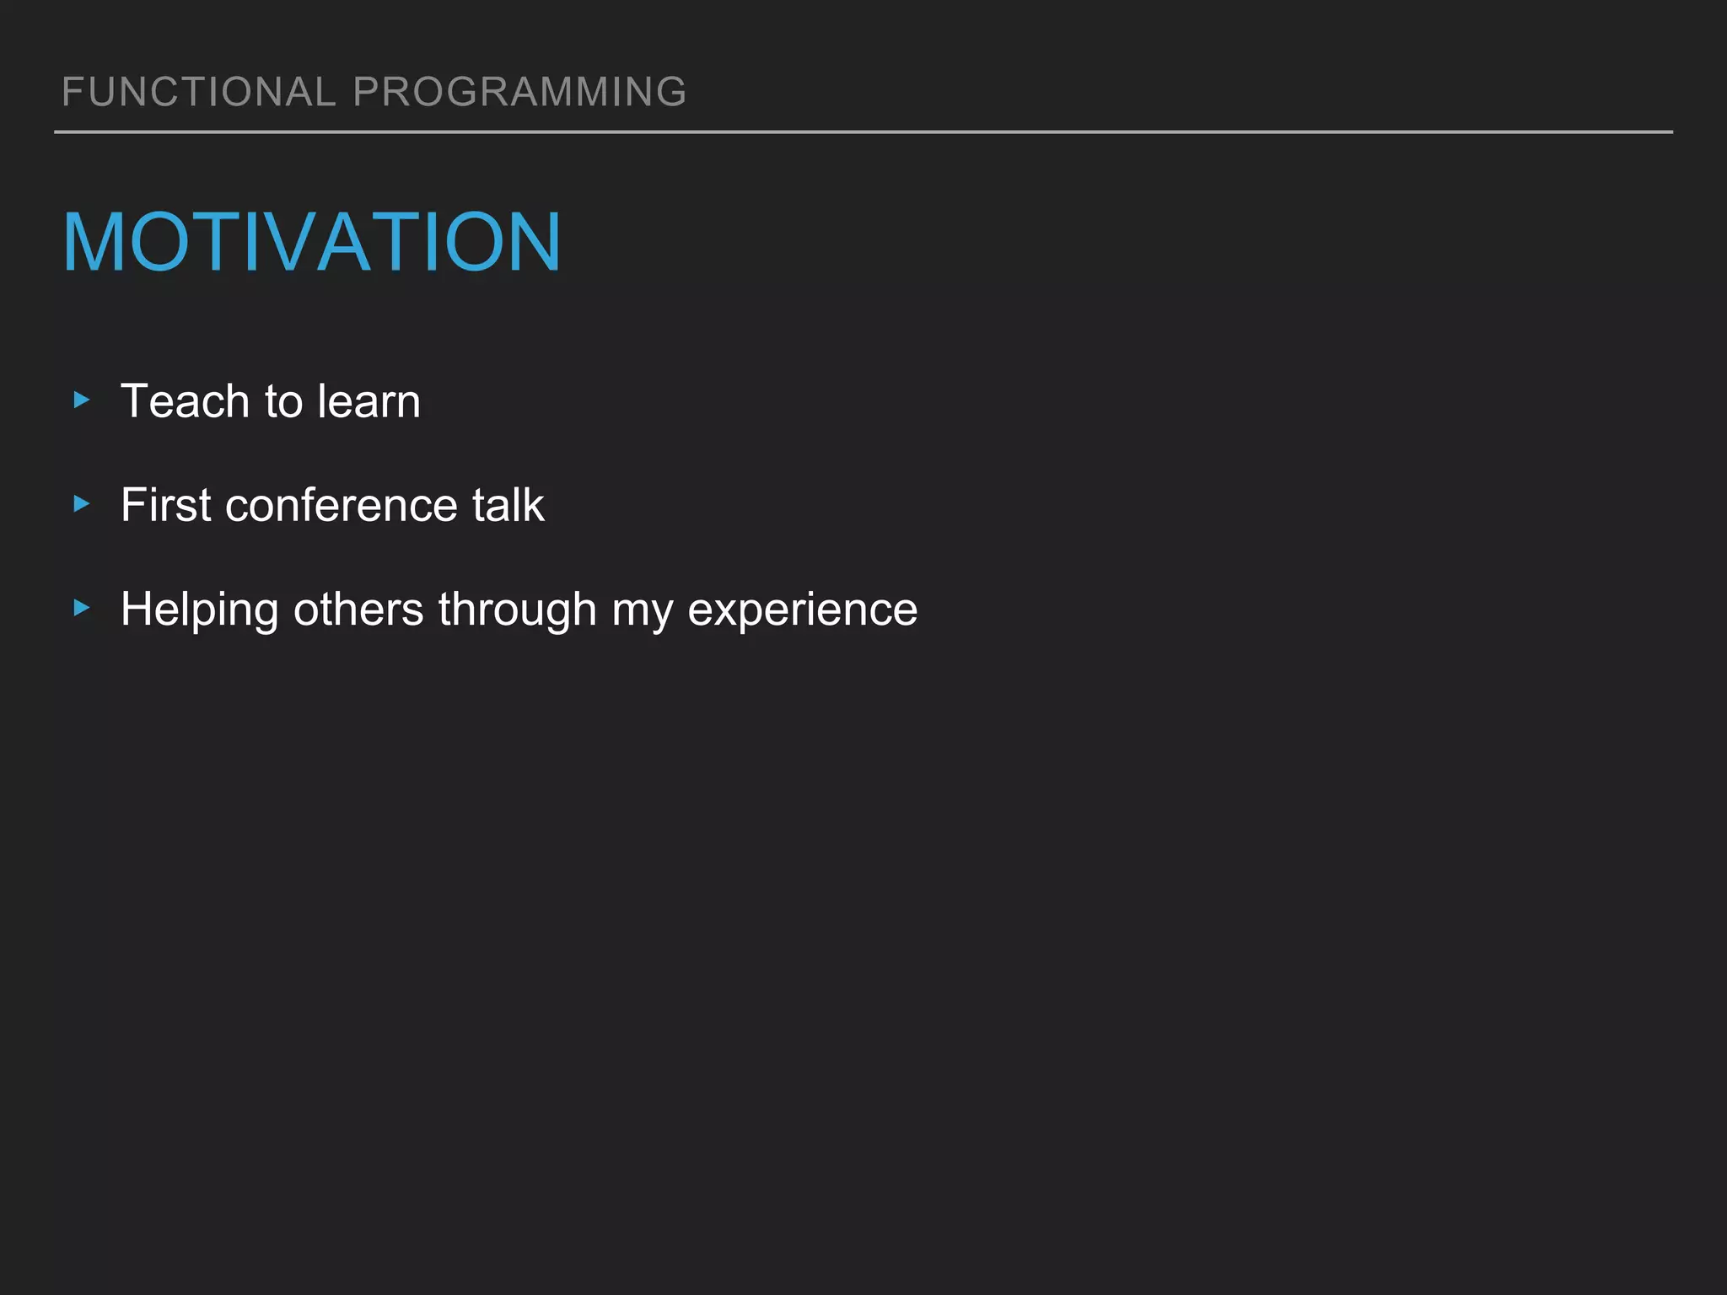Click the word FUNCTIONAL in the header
pos(199,92)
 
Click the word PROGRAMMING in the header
pos(519,92)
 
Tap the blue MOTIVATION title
pos(311,243)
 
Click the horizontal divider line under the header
pos(863,132)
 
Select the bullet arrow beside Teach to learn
pos(82,400)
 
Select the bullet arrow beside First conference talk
pos(82,504)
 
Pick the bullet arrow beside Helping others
pos(82,608)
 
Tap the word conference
pos(341,505)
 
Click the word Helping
pos(199,610)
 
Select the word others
pos(358,610)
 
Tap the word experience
pos(802,610)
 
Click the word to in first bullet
pos(283,401)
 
